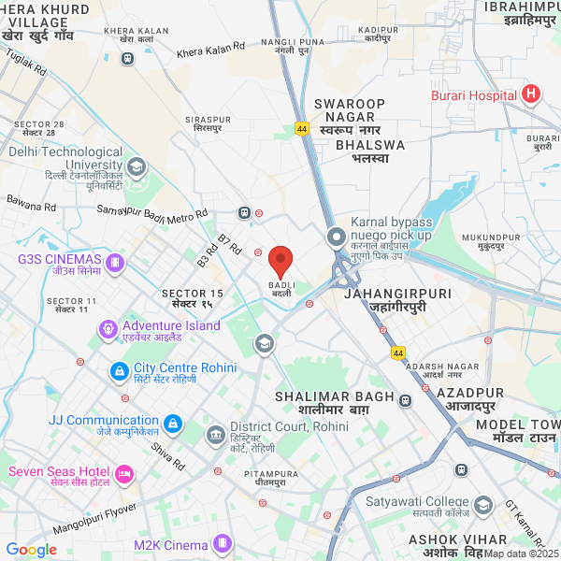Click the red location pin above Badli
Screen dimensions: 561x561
point(281,261)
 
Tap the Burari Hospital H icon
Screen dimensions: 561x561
point(532,94)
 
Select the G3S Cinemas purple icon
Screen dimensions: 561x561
point(115,263)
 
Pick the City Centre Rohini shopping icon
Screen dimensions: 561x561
point(120,372)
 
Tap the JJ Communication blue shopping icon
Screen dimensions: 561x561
point(172,424)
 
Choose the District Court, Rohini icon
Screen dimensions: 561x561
point(216,435)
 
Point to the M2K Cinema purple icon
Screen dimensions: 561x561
point(223,543)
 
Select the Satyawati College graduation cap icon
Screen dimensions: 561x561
point(483,506)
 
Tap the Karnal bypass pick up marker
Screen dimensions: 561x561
point(336,237)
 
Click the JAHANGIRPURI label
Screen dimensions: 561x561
point(397,294)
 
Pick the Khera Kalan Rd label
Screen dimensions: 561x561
point(212,47)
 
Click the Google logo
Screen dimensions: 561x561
point(31,550)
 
